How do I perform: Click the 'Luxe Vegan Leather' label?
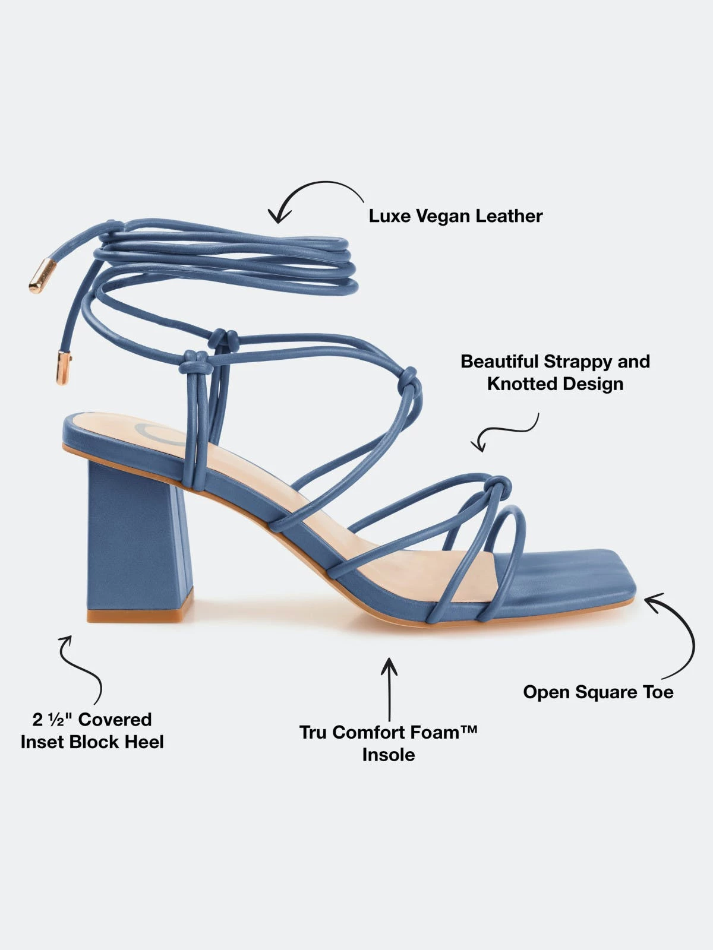pos(455,216)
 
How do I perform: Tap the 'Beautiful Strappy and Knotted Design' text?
pos(555,372)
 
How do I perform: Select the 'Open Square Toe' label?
pos(598,692)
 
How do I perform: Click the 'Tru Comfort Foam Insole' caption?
pos(389,743)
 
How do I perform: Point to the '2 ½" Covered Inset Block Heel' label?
pos(92,731)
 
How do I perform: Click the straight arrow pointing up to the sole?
pos(389,689)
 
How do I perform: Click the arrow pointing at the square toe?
pos(674,635)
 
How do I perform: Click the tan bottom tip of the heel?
pos(140,616)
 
